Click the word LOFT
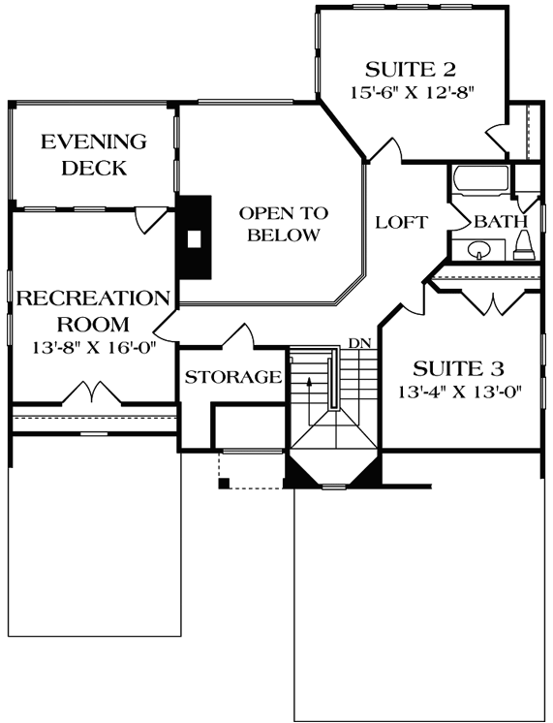[401, 222]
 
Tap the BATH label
[494, 222]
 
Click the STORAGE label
[233, 377]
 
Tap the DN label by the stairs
[359, 343]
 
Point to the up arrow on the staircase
[309, 384]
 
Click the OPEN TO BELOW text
[284, 224]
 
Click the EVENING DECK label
[93, 155]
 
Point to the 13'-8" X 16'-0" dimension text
[93, 345]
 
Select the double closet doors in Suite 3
[494, 300]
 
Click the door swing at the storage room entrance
[238, 334]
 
